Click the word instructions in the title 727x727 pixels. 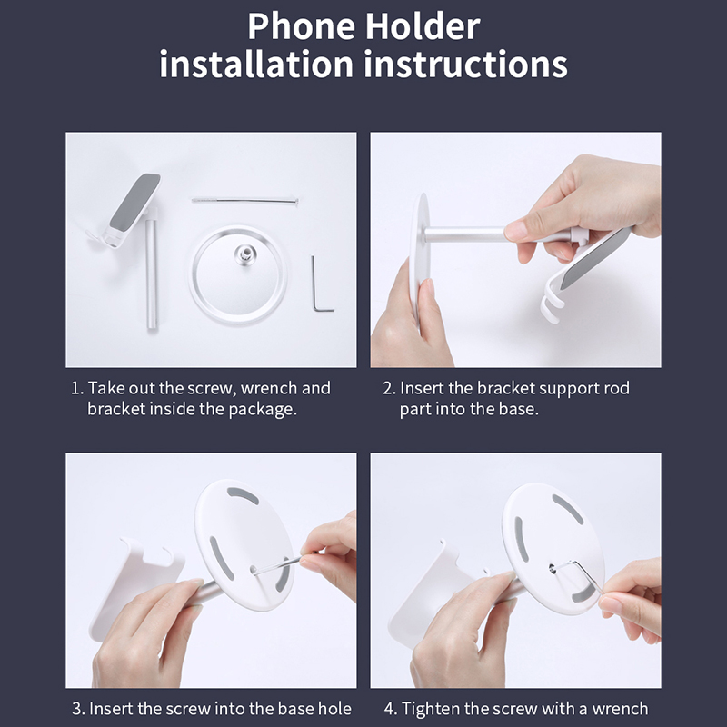(465, 64)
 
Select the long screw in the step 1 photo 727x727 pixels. (244, 200)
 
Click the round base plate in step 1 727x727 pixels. (237, 275)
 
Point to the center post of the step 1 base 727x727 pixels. (244, 254)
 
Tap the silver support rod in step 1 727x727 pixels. (152, 270)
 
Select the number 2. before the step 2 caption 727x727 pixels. (389, 388)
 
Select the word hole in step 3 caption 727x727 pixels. (334, 708)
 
